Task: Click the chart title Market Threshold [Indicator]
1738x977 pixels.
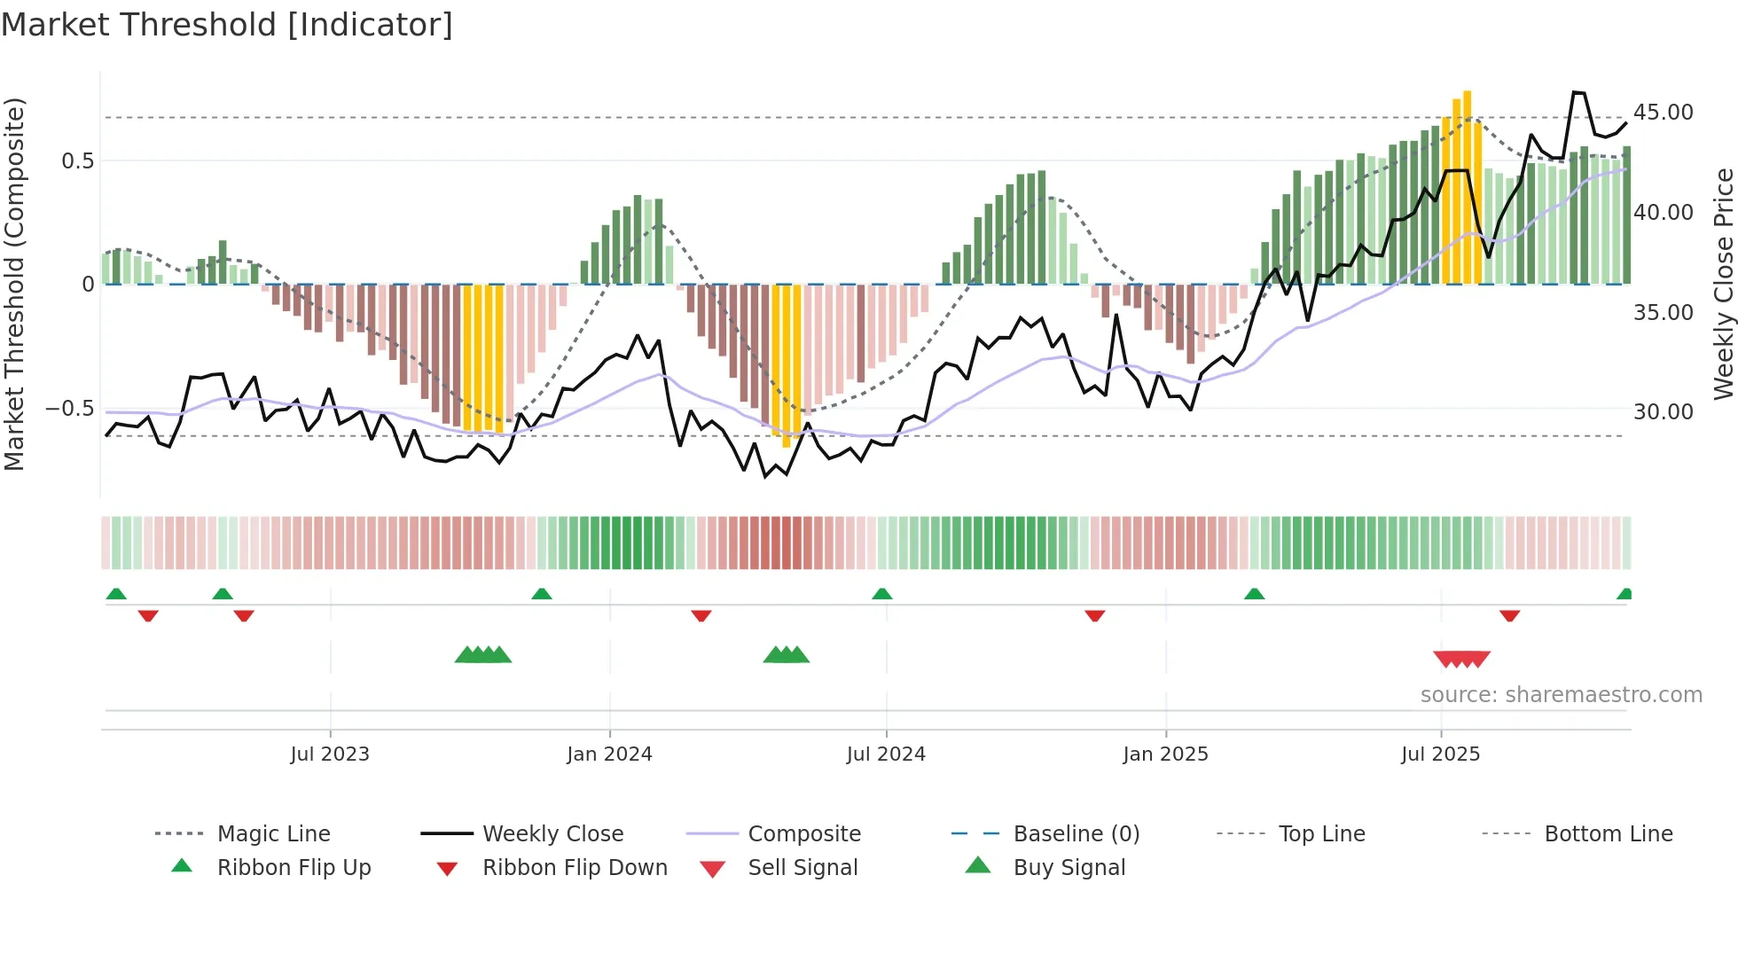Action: (x=227, y=25)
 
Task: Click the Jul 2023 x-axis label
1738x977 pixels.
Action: (x=330, y=754)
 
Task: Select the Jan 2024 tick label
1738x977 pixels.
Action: (x=609, y=754)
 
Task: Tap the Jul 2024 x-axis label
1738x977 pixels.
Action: (x=886, y=754)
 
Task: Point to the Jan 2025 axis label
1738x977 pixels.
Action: (x=1165, y=754)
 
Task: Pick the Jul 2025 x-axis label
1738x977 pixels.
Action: (x=1441, y=754)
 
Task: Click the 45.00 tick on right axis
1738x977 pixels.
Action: (x=1663, y=113)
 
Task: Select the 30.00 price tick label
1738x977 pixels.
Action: (x=1663, y=412)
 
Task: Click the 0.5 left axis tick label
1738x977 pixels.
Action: (x=77, y=161)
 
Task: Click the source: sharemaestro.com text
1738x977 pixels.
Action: (x=1561, y=695)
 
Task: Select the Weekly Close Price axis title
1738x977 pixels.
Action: (x=1723, y=284)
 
